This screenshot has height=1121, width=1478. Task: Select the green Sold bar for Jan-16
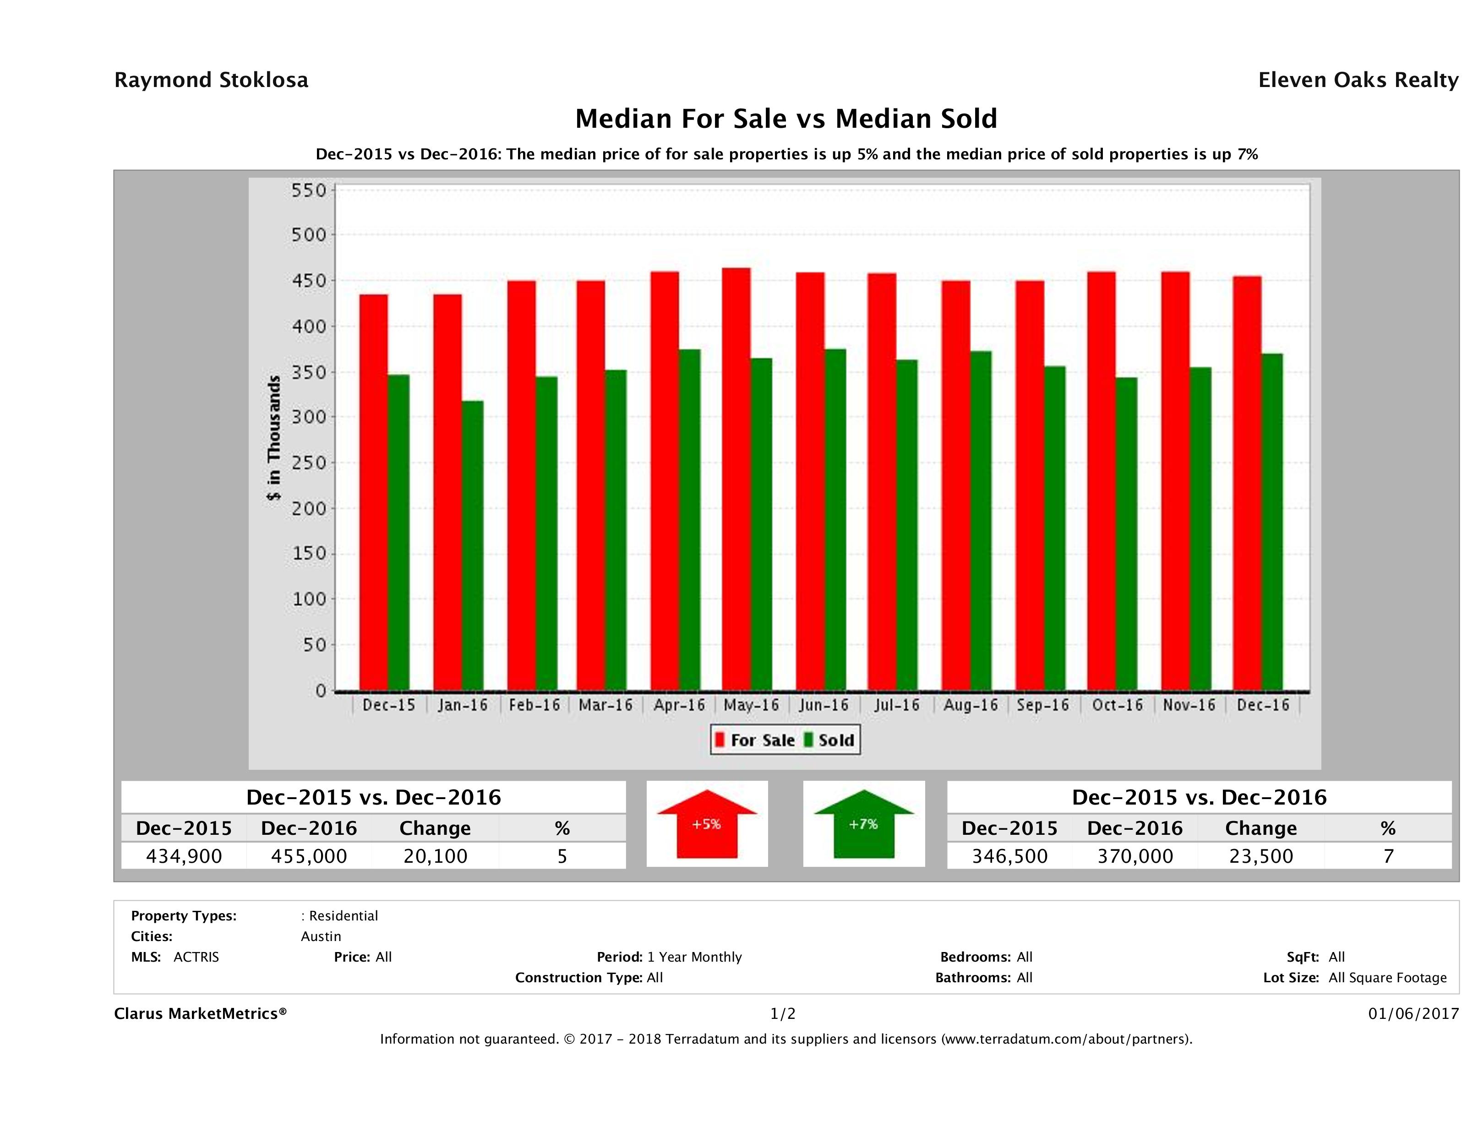[x=472, y=545]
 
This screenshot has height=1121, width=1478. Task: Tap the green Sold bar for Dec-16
[x=1271, y=522]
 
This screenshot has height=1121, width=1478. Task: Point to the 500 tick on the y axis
[x=308, y=235]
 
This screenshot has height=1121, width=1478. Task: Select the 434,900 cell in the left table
[x=184, y=856]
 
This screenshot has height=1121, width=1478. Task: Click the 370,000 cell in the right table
[x=1134, y=856]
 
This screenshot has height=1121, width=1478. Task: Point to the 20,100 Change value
[x=435, y=856]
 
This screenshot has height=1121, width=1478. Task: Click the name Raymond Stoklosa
[x=211, y=80]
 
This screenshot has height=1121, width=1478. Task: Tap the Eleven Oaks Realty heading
[x=1358, y=80]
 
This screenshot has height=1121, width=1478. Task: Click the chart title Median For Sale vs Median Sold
[x=786, y=119]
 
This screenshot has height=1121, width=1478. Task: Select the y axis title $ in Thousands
[x=274, y=438]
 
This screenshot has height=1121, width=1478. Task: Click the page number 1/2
[x=782, y=1014]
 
